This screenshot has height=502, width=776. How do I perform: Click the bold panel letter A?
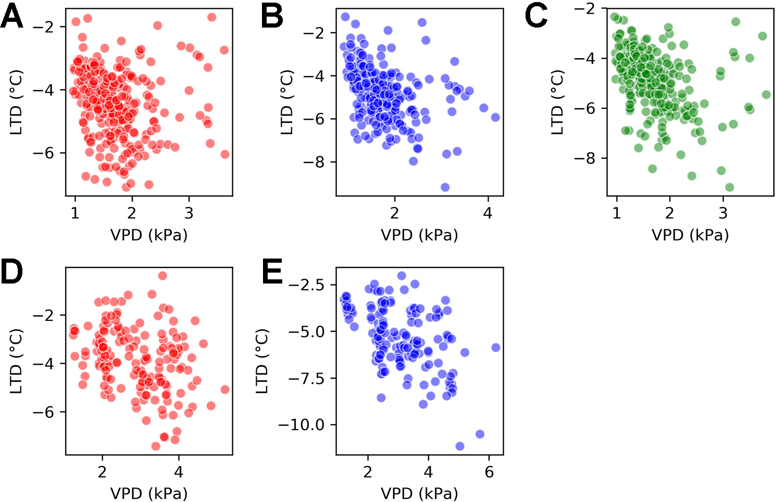(x=12, y=17)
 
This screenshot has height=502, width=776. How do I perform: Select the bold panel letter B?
(x=272, y=17)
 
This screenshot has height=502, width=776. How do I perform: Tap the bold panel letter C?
(x=536, y=17)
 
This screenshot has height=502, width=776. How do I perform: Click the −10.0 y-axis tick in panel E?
(x=301, y=425)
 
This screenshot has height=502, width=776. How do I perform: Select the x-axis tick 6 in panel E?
(x=489, y=472)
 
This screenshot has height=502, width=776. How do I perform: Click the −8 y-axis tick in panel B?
(x=314, y=162)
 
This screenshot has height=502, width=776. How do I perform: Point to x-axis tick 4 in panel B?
(x=487, y=213)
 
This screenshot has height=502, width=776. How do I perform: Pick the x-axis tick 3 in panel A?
(x=189, y=213)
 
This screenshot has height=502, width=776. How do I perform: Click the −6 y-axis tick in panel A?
(x=43, y=153)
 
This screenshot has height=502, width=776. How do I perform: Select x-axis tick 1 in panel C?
(x=617, y=213)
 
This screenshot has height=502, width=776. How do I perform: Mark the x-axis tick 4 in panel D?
(x=179, y=472)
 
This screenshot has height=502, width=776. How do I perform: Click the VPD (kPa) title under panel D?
(x=149, y=493)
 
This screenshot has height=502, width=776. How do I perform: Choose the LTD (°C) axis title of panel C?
(x=557, y=102)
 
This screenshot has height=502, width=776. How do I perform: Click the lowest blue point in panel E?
(x=460, y=446)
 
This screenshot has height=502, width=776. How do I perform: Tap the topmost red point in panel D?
(x=162, y=276)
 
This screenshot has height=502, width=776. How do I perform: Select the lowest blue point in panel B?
(x=445, y=187)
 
